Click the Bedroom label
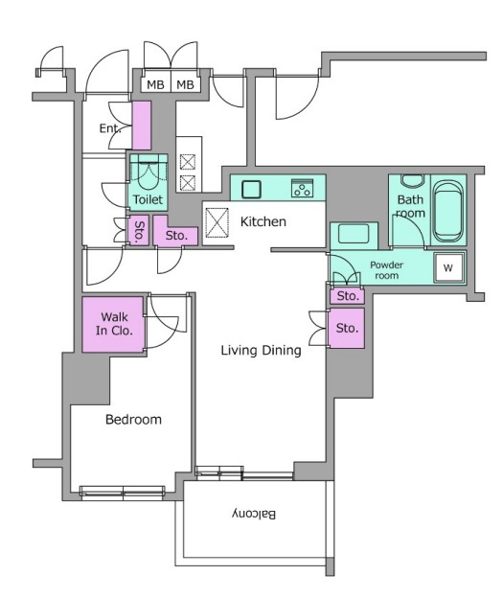coord(133,420)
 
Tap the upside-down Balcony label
coord(254,514)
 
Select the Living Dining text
coord(261,350)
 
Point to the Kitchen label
coord(263,221)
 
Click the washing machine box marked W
coord(448,267)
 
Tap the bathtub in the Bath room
coord(448,211)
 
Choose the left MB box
coord(155,84)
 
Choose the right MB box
coord(185,84)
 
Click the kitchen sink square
coord(251,190)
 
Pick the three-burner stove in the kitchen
coord(302,188)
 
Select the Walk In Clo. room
coord(114,324)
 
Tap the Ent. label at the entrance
coord(110,128)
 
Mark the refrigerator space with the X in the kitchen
coord(217,222)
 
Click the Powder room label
coord(386,270)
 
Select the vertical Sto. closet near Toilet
coord(139,231)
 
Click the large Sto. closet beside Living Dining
coord(347,328)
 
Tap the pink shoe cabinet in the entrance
coord(142,126)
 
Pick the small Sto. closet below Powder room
coord(347,296)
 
